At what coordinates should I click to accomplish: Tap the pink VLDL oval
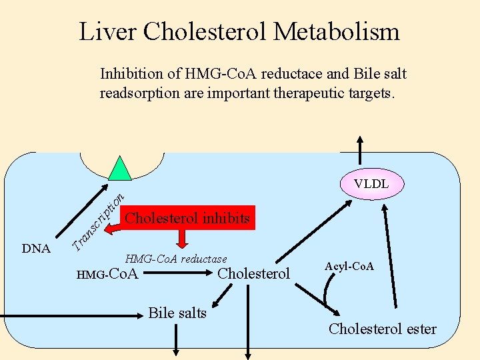point(371,183)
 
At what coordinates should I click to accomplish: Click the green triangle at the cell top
point(120,170)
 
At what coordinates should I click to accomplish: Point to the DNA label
point(36,249)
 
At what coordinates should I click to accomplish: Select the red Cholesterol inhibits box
point(187,218)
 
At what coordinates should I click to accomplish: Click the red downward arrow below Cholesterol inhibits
point(181,239)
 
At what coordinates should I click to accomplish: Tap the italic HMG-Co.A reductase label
point(176,259)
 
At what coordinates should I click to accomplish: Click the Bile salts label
point(177,313)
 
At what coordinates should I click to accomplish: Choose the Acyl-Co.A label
point(349,267)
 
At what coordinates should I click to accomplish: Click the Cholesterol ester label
point(383,329)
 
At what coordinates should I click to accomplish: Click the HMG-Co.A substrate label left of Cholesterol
point(107,273)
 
